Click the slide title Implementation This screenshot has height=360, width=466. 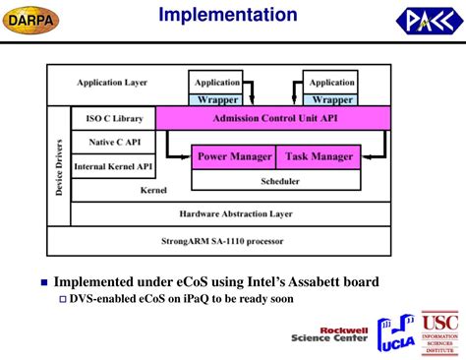228,15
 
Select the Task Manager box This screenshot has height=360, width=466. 317,156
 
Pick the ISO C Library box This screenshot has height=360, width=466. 115,118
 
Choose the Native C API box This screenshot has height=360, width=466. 115,143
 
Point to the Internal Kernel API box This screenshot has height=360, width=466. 115,167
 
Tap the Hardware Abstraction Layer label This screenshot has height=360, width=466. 229,213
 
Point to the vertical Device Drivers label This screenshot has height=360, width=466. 59,165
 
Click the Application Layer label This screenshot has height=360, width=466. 112,83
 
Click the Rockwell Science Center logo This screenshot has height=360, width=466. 329,335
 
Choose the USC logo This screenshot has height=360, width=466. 439,332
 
